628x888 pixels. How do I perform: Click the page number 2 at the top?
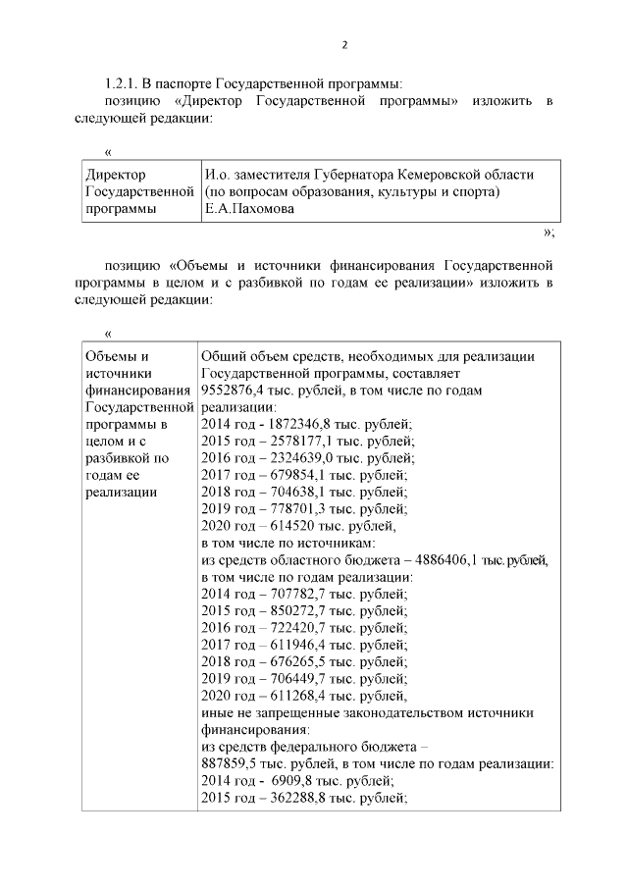click(344, 44)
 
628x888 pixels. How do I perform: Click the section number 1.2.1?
click(125, 83)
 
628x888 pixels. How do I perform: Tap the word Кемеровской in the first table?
click(438, 174)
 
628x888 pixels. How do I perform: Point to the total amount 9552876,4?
click(232, 391)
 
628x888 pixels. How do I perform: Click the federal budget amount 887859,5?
click(232, 763)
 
